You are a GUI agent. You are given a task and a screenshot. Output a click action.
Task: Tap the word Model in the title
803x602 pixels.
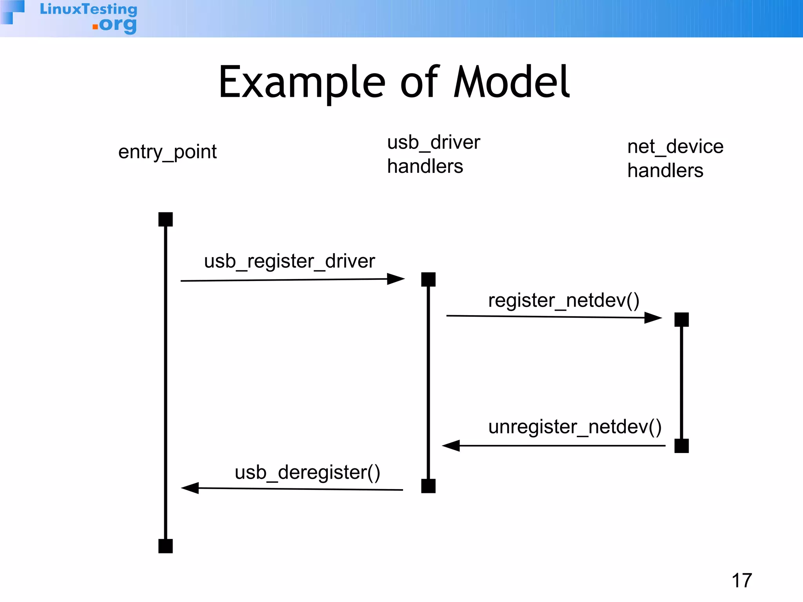pyautogui.click(x=511, y=82)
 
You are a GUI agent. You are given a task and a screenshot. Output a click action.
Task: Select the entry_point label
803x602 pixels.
pyautogui.click(x=167, y=152)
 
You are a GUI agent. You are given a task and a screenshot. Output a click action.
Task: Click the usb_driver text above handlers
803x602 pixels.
pyautogui.click(x=433, y=142)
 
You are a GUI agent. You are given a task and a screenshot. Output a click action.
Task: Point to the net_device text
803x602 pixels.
pyautogui.click(x=675, y=147)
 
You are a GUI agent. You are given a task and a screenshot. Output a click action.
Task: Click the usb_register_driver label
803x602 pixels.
pyautogui.click(x=289, y=261)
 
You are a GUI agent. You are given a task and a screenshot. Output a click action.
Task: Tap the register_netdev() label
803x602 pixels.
pyautogui.click(x=563, y=301)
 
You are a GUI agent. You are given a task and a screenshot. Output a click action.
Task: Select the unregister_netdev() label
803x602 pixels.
pyautogui.click(x=575, y=427)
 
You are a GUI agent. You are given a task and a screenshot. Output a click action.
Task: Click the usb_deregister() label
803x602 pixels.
pyautogui.click(x=307, y=473)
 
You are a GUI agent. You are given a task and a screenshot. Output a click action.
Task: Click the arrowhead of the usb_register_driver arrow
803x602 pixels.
pyautogui.click(x=396, y=279)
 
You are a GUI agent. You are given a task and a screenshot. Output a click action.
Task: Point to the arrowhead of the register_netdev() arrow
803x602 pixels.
pyautogui.click(x=653, y=317)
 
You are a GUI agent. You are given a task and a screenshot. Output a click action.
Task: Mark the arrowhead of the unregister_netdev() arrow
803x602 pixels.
pyautogui.click(x=451, y=446)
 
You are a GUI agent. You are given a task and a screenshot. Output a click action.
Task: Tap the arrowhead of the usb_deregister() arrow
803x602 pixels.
pyautogui.click(x=190, y=488)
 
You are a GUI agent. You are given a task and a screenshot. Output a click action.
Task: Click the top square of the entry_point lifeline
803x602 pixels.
pyautogui.click(x=165, y=219)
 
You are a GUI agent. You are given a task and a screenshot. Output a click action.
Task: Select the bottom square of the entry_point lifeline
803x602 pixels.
pyautogui.click(x=165, y=546)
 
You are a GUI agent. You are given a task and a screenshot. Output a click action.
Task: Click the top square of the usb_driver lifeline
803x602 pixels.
pyautogui.click(x=428, y=279)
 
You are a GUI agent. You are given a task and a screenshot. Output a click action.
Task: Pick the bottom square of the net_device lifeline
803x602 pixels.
pyautogui.click(x=681, y=446)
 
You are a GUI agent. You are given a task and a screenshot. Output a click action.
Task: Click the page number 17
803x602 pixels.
pyautogui.click(x=741, y=580)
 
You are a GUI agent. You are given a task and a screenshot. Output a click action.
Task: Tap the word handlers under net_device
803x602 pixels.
pyautogui.click(x=665, y=171)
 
